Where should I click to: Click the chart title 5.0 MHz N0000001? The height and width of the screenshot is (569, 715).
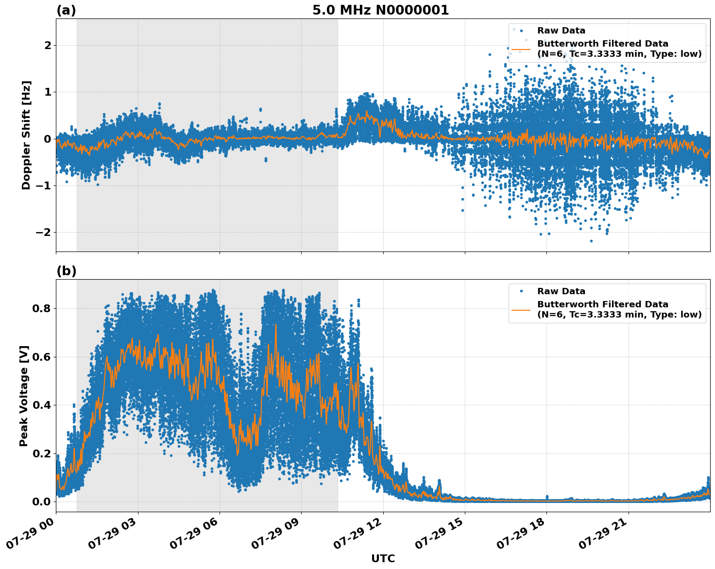pyautogui.click(x=380, y=10)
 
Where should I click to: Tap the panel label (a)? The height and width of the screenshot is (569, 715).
pyautogui.click(x=66, y=10)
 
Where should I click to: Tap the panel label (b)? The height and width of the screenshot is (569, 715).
pyautogui.click(x=66, y=271)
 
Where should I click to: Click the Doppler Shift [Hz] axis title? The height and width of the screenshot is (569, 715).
pyautogui.click(x=26, y=135)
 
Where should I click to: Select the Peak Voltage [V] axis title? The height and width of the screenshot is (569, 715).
pyautogui.click(x=24, y=396)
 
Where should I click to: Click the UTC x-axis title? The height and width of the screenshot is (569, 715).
pyautogui.click(x=383, y=558)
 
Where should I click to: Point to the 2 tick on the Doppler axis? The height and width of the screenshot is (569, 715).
pyautogui.click(x=48, y=46)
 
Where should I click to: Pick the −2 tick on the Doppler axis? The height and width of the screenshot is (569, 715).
pyautogui.click(x=43, y=233)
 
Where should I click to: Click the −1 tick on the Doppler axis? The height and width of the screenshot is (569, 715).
pyautogui.click(x=43, y=186)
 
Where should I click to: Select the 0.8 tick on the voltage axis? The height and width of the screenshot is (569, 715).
pyautogui.click(x=41, y=309)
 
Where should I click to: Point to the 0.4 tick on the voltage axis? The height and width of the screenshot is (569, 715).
pyautogui.click(x=41, y=405)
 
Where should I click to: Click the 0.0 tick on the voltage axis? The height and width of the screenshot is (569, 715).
pyautogui.click(x=41, y=502)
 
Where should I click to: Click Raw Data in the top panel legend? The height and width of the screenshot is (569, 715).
pyautogui.click(x=561, y=31)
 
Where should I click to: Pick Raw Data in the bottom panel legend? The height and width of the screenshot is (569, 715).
pyautogui.click(x=561, y=291)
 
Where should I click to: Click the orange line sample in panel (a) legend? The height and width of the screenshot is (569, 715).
pyautogui.click(x=521, y=49)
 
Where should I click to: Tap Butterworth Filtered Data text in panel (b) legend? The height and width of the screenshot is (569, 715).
pyautogui.click(x=602, y=304)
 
